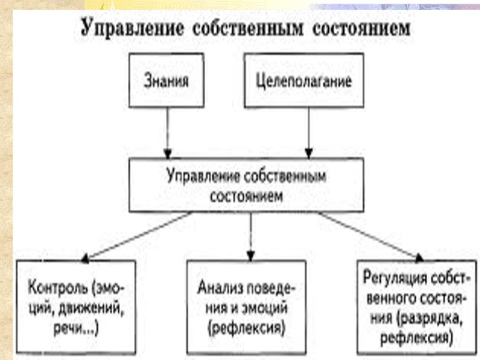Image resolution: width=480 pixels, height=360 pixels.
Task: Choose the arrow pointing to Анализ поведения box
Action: coord(250,236)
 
